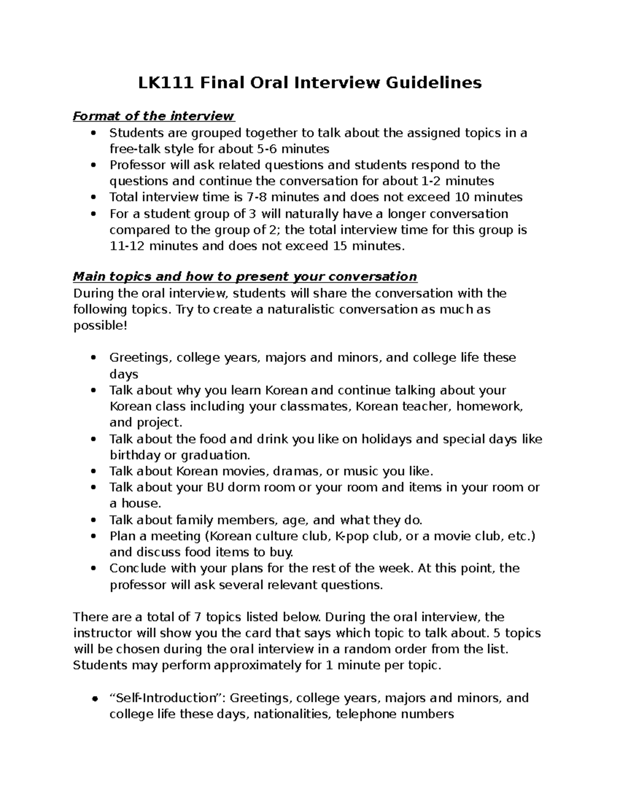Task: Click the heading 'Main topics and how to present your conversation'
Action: click(x=245, y=277)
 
